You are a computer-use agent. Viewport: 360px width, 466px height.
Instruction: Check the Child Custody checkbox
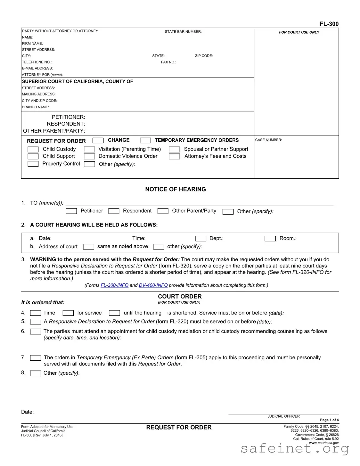click(x=33, y=149)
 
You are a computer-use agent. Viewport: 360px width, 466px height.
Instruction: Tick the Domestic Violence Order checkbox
click(x=89, y=156)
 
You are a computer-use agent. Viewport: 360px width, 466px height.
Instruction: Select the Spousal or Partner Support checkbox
click(x=174, y=149)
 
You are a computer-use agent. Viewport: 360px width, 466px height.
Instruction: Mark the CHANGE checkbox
click(x=98, y=140)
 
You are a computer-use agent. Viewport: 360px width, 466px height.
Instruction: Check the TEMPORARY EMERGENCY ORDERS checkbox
click(x=145, y=140)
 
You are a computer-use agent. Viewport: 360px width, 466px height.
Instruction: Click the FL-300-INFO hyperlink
click(x=114, y=285)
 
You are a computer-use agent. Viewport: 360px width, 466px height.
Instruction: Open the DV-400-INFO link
click(x=153, y=285)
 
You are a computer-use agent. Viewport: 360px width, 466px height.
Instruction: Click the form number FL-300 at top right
click(x=329, y=24)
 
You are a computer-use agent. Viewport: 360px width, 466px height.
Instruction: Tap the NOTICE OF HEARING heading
click(x=176, y=189)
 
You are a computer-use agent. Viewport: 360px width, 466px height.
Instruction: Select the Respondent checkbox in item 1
click(x=114, y=211)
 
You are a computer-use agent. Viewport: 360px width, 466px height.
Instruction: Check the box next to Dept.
click(x=201, y=239)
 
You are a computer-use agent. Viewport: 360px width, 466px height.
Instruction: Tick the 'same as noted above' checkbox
click(x=88, y=247)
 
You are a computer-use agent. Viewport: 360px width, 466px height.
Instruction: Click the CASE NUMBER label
click(x=268, y=140)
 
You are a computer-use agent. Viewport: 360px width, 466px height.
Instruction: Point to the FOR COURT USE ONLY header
click(x=299, y=32)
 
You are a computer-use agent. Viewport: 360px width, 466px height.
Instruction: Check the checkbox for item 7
click(x=36, y=358)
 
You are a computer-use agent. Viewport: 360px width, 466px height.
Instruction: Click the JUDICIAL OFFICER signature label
click(x=283, y=416)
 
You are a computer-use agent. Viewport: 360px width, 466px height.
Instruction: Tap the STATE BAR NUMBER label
click(x=183, y=32)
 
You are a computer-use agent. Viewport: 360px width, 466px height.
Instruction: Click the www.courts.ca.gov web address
click(x=324, y=443)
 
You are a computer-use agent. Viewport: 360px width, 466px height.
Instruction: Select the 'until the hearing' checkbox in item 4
click(x=114, y=313)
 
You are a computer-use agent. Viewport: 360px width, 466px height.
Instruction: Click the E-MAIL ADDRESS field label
click(x=37, y=68)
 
